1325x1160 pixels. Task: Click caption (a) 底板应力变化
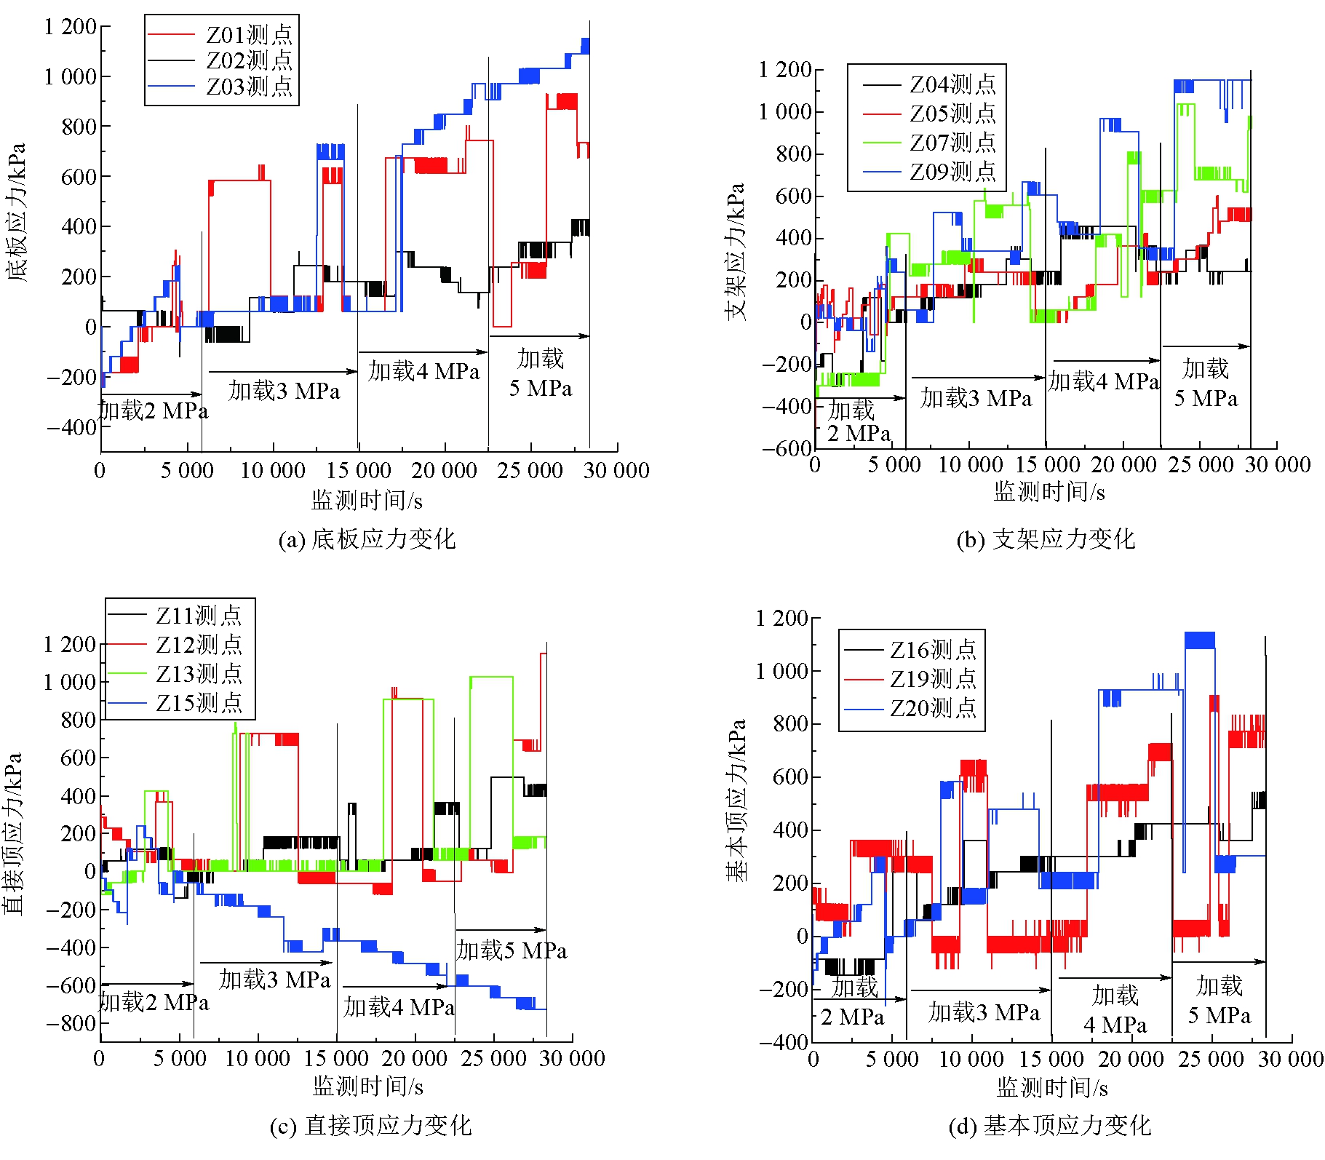367,539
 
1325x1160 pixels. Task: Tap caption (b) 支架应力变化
1046,539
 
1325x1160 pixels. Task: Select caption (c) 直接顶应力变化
370,1126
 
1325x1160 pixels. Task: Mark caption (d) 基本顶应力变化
1049,1126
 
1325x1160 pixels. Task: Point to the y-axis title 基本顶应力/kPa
736,801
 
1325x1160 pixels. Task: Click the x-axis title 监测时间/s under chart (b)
1049,493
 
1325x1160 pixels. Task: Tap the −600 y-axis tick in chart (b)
787,448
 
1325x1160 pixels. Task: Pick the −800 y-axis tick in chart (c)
71,1023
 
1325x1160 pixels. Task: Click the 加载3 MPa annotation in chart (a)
284,391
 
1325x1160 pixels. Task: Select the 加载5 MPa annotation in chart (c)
512,950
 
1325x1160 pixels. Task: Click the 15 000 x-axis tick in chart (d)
1051,1059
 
